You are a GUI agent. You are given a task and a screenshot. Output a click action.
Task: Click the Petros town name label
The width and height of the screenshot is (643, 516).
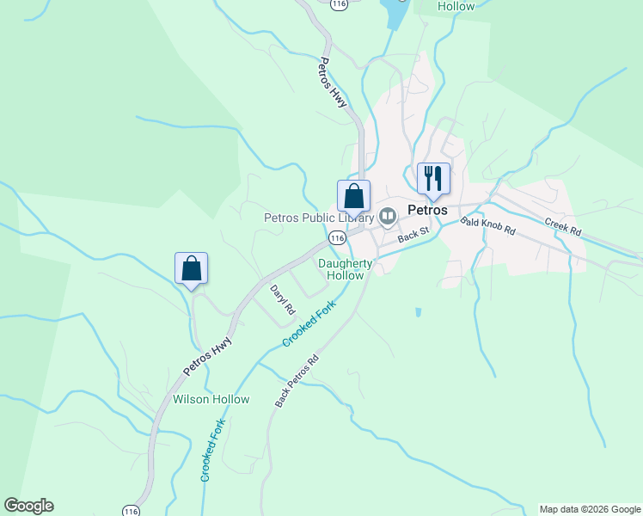pos(427,210)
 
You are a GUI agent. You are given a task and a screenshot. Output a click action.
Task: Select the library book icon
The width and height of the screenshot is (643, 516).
pos(388,216)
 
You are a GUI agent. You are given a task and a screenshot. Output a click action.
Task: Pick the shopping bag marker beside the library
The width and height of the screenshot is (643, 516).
pos(353,197)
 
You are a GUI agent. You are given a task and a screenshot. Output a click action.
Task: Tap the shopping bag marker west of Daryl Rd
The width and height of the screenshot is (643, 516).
pos(191,269)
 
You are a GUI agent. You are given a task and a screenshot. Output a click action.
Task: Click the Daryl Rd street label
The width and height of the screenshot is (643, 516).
pos(283,299)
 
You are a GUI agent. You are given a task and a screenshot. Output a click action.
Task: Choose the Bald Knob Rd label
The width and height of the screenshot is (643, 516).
pos(487,227)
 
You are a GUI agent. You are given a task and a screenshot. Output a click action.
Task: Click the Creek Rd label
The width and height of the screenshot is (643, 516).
pos(563,228)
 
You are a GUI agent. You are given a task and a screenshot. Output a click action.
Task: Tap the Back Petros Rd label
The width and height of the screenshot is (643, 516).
pos(297,381)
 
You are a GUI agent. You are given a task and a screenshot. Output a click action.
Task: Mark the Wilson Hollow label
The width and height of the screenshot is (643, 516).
pos(211,399)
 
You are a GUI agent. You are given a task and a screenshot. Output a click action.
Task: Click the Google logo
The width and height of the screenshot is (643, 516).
pos(28,506)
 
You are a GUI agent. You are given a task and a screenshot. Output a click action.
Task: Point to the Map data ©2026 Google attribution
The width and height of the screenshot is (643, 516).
pos(590,509)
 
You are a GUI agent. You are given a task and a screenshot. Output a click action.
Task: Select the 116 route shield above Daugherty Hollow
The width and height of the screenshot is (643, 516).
pos(337,237)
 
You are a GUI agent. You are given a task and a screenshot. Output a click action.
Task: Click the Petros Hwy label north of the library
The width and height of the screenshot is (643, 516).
pos(332,82)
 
